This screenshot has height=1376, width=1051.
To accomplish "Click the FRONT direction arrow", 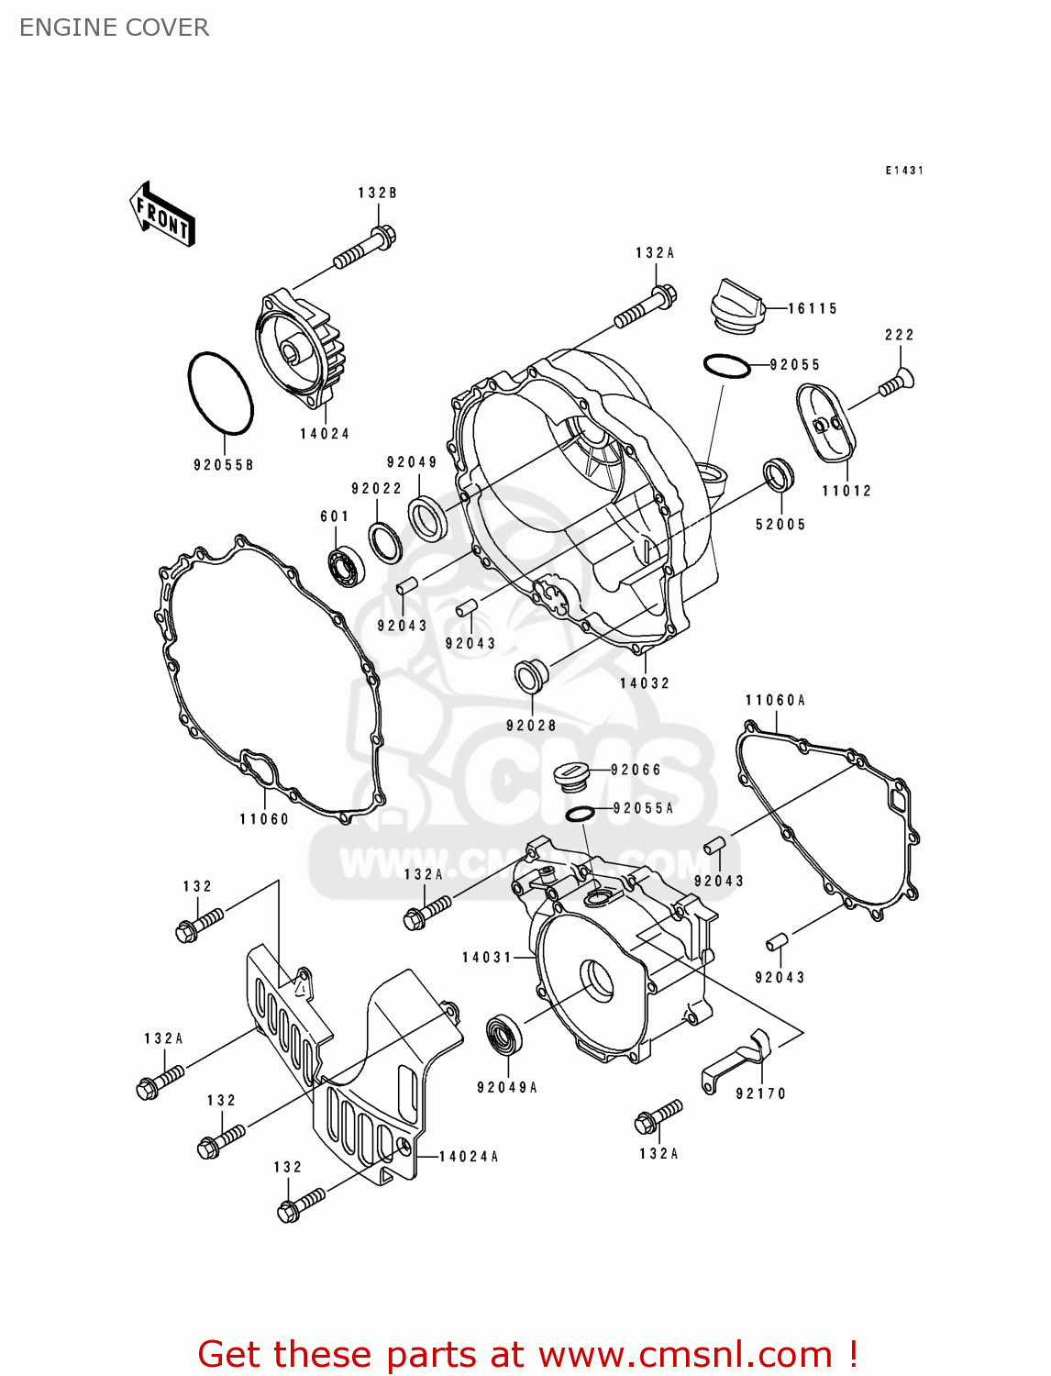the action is pos(161,214).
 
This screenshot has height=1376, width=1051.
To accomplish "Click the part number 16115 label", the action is pos(813,308).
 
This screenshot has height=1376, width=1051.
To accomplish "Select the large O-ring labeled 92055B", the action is pos(221,393).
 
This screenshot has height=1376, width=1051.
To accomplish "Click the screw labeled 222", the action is pos(897,383).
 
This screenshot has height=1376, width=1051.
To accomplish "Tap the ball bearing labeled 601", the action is pos(348,566).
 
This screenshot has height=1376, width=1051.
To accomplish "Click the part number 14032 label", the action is pos(645,683).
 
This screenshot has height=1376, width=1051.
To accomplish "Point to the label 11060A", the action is pos(775,700).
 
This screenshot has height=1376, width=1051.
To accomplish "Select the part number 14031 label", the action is pos(487,958).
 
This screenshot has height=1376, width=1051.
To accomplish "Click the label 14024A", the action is pos(469,1157).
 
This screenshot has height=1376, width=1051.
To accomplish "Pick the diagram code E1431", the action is pos(904,171).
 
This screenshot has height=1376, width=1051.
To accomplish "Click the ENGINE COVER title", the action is pos(114,28).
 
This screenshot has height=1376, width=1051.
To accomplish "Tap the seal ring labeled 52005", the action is pos(779,474).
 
